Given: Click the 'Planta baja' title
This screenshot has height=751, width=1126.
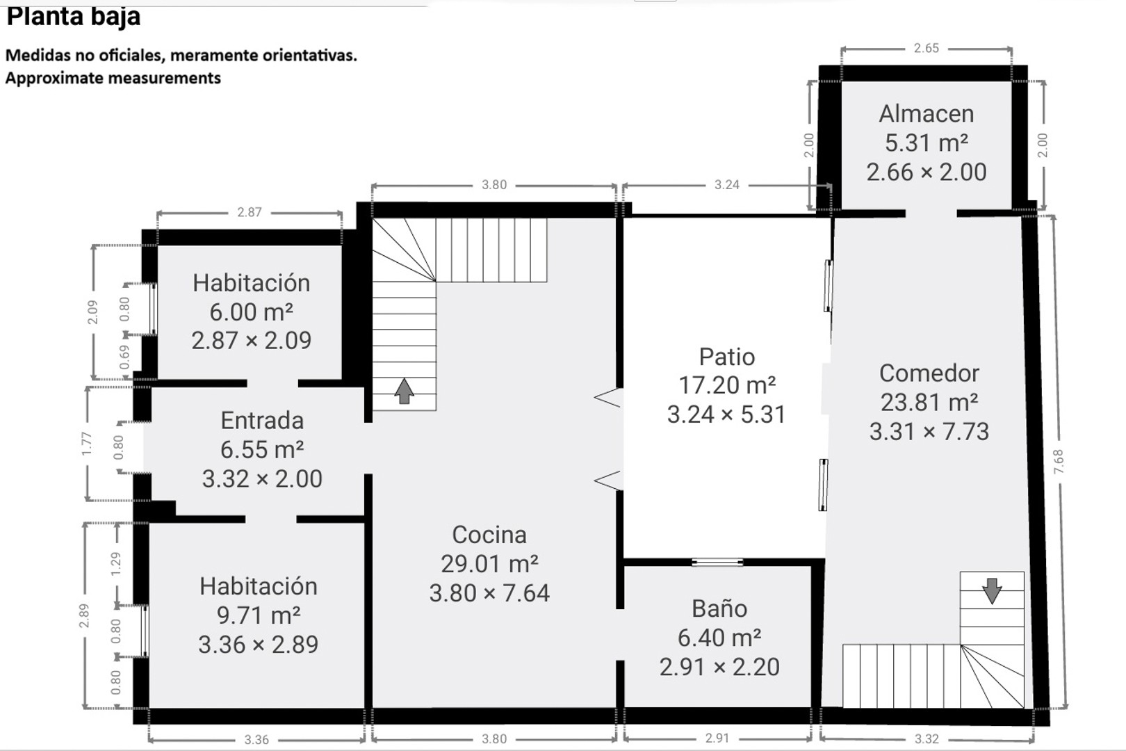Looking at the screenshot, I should (x=73, y=16).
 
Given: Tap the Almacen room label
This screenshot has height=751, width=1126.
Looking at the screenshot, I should (x=926, y=113).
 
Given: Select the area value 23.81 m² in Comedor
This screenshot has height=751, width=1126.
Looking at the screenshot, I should (x=929, y=402).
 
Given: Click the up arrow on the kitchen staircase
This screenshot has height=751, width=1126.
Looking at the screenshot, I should (x=404, y=391).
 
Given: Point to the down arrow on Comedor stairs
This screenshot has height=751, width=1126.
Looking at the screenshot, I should (x=992, y=590).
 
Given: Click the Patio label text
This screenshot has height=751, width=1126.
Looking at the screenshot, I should (x=726, y=357).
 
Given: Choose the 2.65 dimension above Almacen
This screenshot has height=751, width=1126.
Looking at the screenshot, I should (x=926, y=48).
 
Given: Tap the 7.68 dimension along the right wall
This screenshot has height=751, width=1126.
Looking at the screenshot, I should (x=1058, y=462).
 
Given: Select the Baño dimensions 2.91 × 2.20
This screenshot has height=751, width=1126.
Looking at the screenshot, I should (x=719, y=667).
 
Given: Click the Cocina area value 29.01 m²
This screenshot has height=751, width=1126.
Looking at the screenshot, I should (x=489, y=564).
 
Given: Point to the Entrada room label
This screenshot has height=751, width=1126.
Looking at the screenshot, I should (x=262, y=421).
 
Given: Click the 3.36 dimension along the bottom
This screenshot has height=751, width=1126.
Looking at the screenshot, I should (x=256, y=740).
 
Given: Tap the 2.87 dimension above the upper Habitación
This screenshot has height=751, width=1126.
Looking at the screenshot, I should (x=249, y=212).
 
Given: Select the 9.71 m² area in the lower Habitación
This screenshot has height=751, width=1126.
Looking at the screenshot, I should (x=258, y=615).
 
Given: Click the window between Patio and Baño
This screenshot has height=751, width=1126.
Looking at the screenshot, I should (x=717, y=562).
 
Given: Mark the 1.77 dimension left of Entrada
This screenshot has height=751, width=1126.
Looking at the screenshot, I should (x=86, y=444).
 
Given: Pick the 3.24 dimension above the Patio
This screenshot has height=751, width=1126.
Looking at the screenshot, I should (x=726, y=185).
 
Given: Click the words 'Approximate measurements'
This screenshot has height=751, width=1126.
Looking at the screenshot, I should (x=113, y=78).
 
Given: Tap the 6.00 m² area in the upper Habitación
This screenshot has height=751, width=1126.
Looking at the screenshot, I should (x=251, y=312).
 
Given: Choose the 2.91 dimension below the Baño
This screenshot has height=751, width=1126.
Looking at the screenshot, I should (x=717, y=738).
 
